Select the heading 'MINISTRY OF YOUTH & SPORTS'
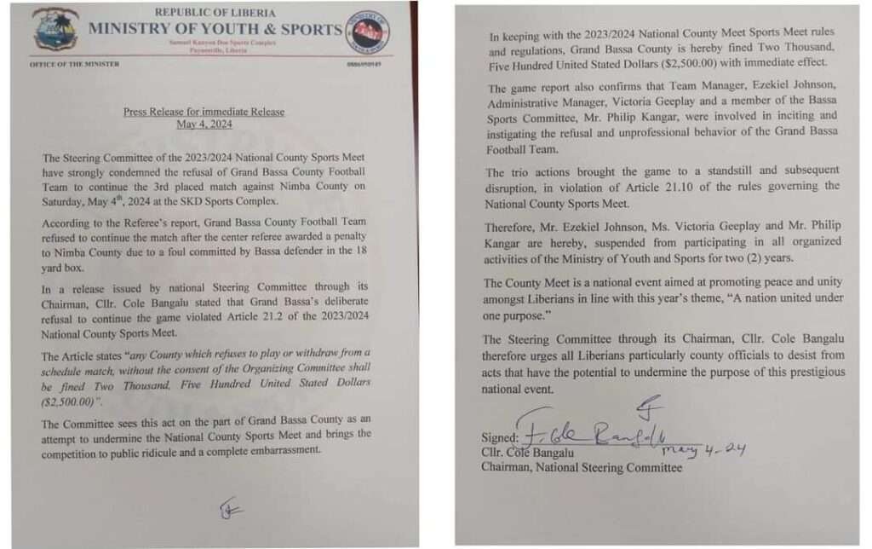[215, 28]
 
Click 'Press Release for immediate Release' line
[204, 112]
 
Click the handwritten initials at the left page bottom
[228, 510]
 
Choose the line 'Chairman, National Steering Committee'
[581, 467]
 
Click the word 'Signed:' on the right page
[500, 437]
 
